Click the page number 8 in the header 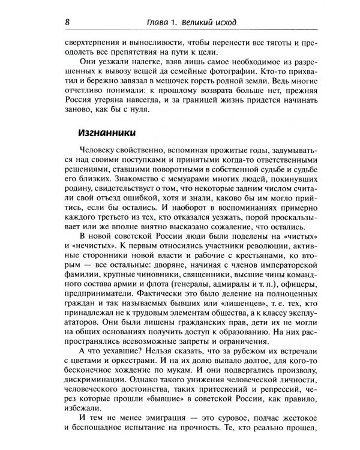point(68,22)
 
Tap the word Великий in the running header point(203,22)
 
